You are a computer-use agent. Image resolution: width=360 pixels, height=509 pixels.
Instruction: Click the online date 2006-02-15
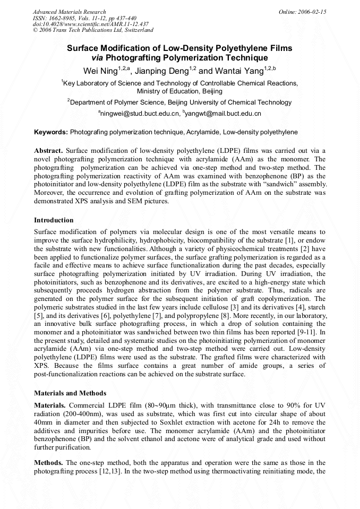(311, 12)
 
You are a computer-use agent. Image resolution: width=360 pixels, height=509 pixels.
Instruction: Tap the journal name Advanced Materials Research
(69, 12)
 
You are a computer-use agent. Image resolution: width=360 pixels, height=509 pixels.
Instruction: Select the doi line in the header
(90, 24)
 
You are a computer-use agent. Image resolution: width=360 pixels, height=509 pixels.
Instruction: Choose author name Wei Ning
(100, 71)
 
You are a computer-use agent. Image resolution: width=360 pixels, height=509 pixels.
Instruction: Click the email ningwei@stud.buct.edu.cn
(140, 113)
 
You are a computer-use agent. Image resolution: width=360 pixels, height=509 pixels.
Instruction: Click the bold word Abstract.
(48, 151)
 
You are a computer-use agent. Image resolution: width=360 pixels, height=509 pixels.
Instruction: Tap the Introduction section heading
(54, 220)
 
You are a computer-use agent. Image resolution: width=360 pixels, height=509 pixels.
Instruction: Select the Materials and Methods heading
(70, 393)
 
